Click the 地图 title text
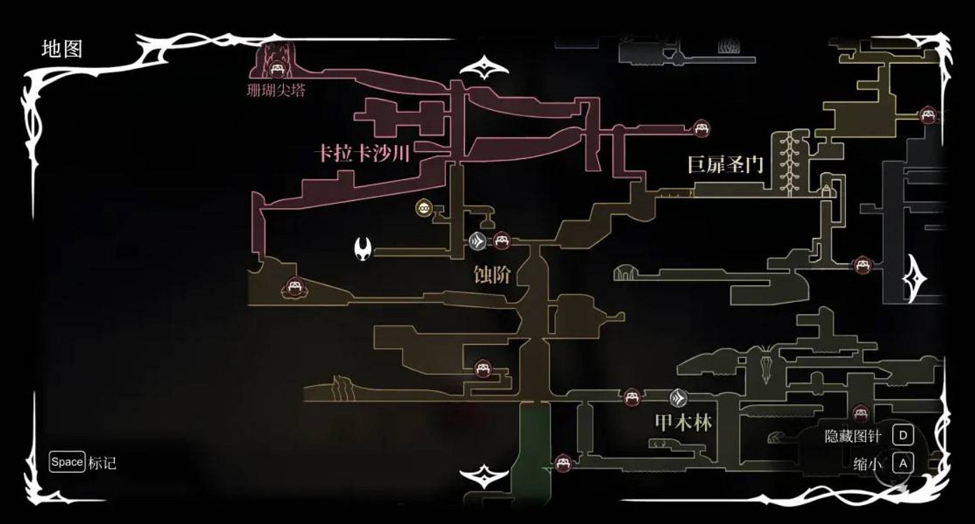tap(62, 49)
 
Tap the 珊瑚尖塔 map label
tap(276, 91)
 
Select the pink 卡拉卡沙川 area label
tap(363, 153)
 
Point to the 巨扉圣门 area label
tap(725, 165)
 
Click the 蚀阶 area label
tap(492, 275)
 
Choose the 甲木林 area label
tap(683, 423)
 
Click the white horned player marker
tap(364, 247)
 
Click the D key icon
tap(902, 436)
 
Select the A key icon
tap(902, 463)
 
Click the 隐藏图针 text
tap(852, 436)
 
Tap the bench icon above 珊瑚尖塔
tap(276, 69)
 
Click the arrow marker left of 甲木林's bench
tap(678, 398)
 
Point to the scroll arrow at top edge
tap(484, 69)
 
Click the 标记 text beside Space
tap(102, 463)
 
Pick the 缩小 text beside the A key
tap(868, 464)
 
